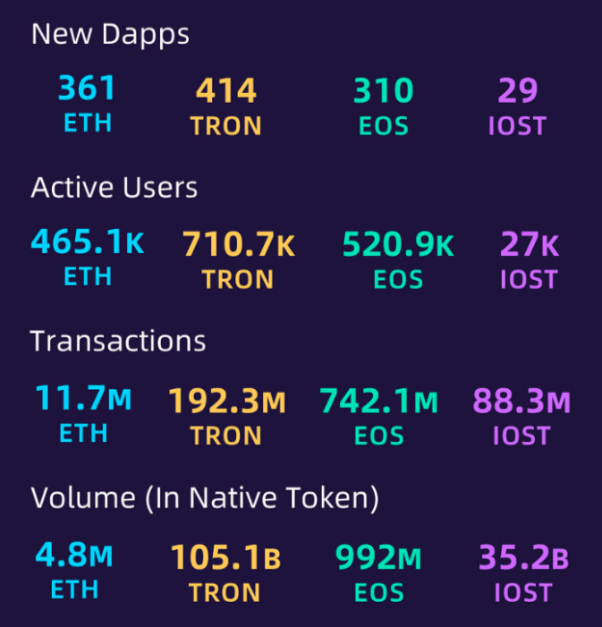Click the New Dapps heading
point(110,34)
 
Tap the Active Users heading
point(114,187)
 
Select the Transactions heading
point(118,341)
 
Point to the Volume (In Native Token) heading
point(205,497)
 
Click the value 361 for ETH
point(87,89)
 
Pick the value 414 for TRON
point(226,91)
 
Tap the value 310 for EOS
point(383,91)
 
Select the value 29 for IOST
point(517,91)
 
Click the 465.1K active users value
point(87,243)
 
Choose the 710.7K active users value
point(238,245)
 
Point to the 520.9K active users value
point(398,245)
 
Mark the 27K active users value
point(529,245)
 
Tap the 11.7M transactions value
point(83,399)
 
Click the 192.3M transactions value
point(226,402)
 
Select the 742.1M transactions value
point(379,402)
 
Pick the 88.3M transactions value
point(521,402)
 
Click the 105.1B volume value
point(225,558)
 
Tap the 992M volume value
point(377,558)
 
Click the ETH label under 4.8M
point(73,590)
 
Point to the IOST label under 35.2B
point(523,592)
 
